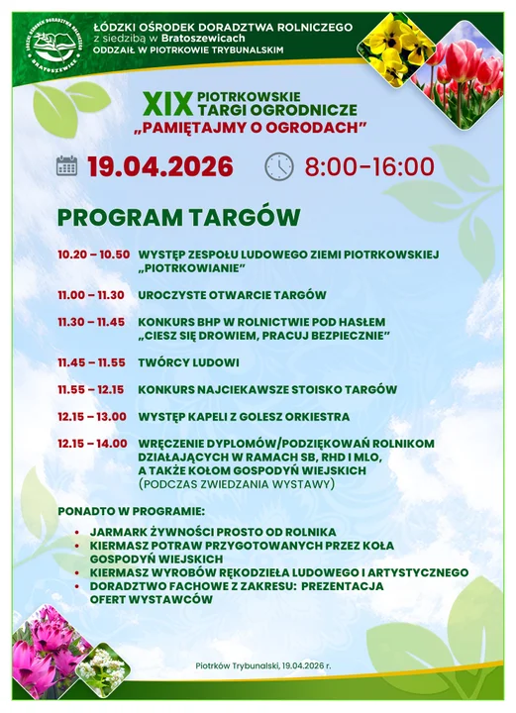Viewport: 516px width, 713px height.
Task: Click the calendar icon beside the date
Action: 67,165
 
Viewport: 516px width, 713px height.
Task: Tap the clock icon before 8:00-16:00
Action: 279,166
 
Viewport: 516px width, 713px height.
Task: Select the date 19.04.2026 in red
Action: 159,166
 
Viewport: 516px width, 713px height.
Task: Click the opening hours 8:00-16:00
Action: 369,166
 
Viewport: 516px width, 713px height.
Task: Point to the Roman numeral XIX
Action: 164,102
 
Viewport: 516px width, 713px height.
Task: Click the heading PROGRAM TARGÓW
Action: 178,217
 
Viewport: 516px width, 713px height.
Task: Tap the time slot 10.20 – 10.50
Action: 93,255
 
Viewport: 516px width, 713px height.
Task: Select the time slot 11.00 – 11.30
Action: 90,295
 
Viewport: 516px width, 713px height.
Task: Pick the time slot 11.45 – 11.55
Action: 90,362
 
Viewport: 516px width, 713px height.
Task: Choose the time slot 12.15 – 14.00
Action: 92,444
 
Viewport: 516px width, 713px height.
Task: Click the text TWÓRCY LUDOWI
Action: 188,362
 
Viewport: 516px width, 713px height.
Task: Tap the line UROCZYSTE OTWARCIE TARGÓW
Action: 232,295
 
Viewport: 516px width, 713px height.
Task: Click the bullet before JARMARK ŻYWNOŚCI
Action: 77,533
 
